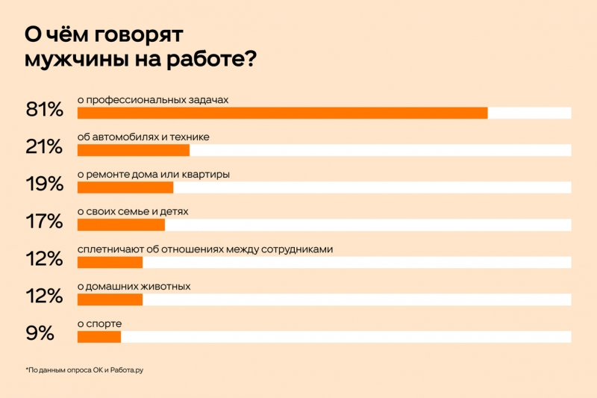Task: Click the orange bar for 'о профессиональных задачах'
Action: pyautogui.click(x=282, y=113)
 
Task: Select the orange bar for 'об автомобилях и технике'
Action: pyautogui.click(x=134, y=150)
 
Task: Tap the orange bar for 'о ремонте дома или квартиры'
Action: pyautogui.click(x=125, y=187)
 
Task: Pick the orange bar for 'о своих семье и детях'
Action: pyautogui.click(x=121, y=225)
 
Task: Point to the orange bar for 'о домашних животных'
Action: pyautogui.click(x=110, y=299)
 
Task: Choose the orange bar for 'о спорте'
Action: pyautogui.click(x=99, y=337)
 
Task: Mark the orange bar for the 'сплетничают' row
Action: pyautogui.click(x=110, y=262)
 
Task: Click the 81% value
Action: pyautogui.click(x=44, y=110)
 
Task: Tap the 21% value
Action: pyautogui.click(x=44, y=147)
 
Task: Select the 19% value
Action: pyautogui.click(x=44, y=184)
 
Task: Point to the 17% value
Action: pyautogui.click(x=44, y=222)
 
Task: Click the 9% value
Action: pyautogui.click(x=40, y=334)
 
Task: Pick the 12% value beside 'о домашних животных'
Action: pyautogui.click(x=44, y=296)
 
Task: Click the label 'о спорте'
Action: pyautogui.click(x=99, y=323)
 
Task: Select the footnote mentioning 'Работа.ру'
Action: pyautogui.click(x=84, y=370)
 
